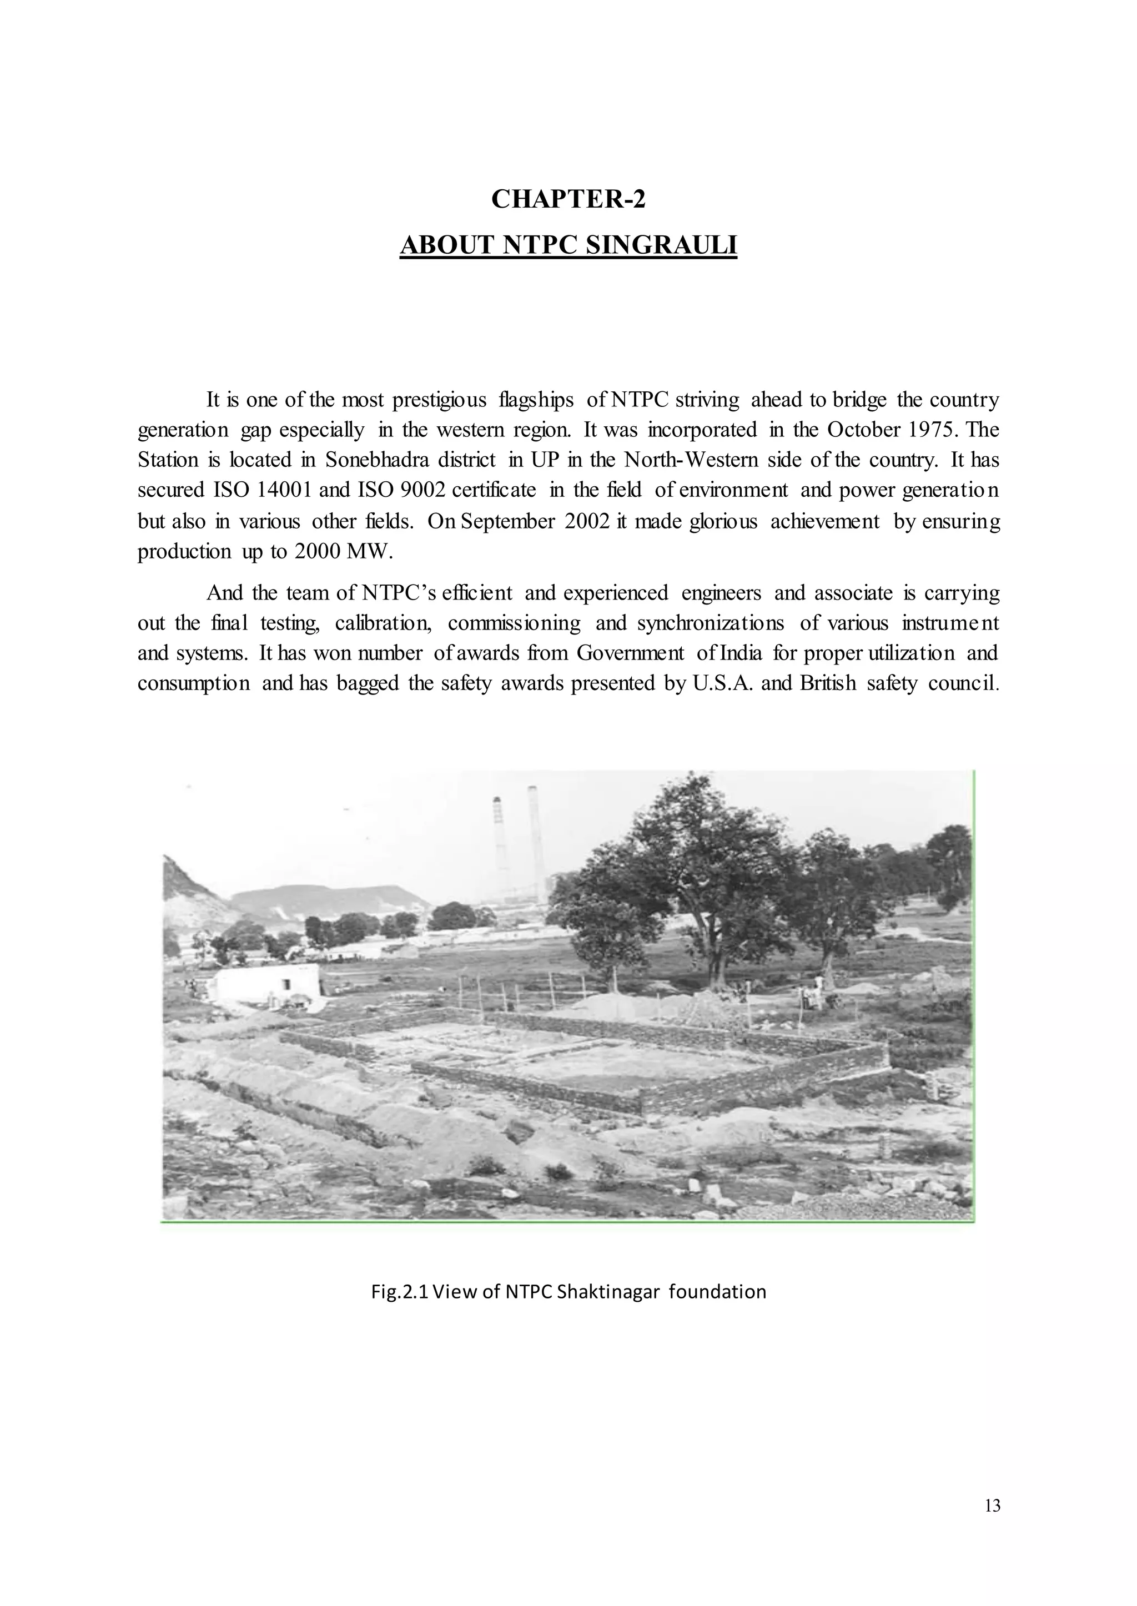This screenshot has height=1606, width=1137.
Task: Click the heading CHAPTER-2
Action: tap(568, 199)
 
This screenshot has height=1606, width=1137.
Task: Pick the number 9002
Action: tap(422, 490)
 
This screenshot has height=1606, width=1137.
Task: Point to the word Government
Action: tap(630, 653)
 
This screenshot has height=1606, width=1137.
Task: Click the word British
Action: tap(828, 683)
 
